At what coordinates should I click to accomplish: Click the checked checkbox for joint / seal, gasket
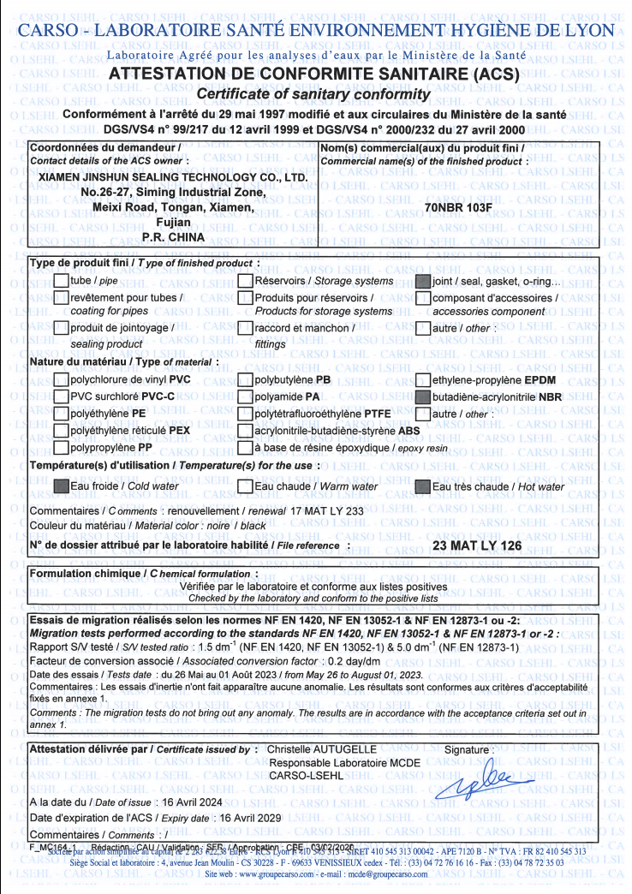(x=423, y=281)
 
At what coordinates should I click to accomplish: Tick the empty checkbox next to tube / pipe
(x=61, y=281)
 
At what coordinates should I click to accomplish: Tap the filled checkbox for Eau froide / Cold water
(x=61, y=486)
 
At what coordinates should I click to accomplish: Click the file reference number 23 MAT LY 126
(x=478, y=545)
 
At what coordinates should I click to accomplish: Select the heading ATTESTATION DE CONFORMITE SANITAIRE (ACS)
(x=315, y=74)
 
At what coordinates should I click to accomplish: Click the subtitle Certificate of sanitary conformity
(x=315, y=93)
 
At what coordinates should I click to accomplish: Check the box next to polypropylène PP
(x=61, y=447)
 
